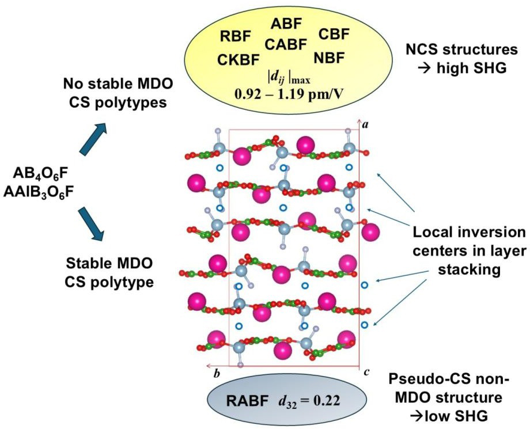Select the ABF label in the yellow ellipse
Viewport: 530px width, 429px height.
[286, 24]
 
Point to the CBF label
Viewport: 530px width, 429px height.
[334, 35]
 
